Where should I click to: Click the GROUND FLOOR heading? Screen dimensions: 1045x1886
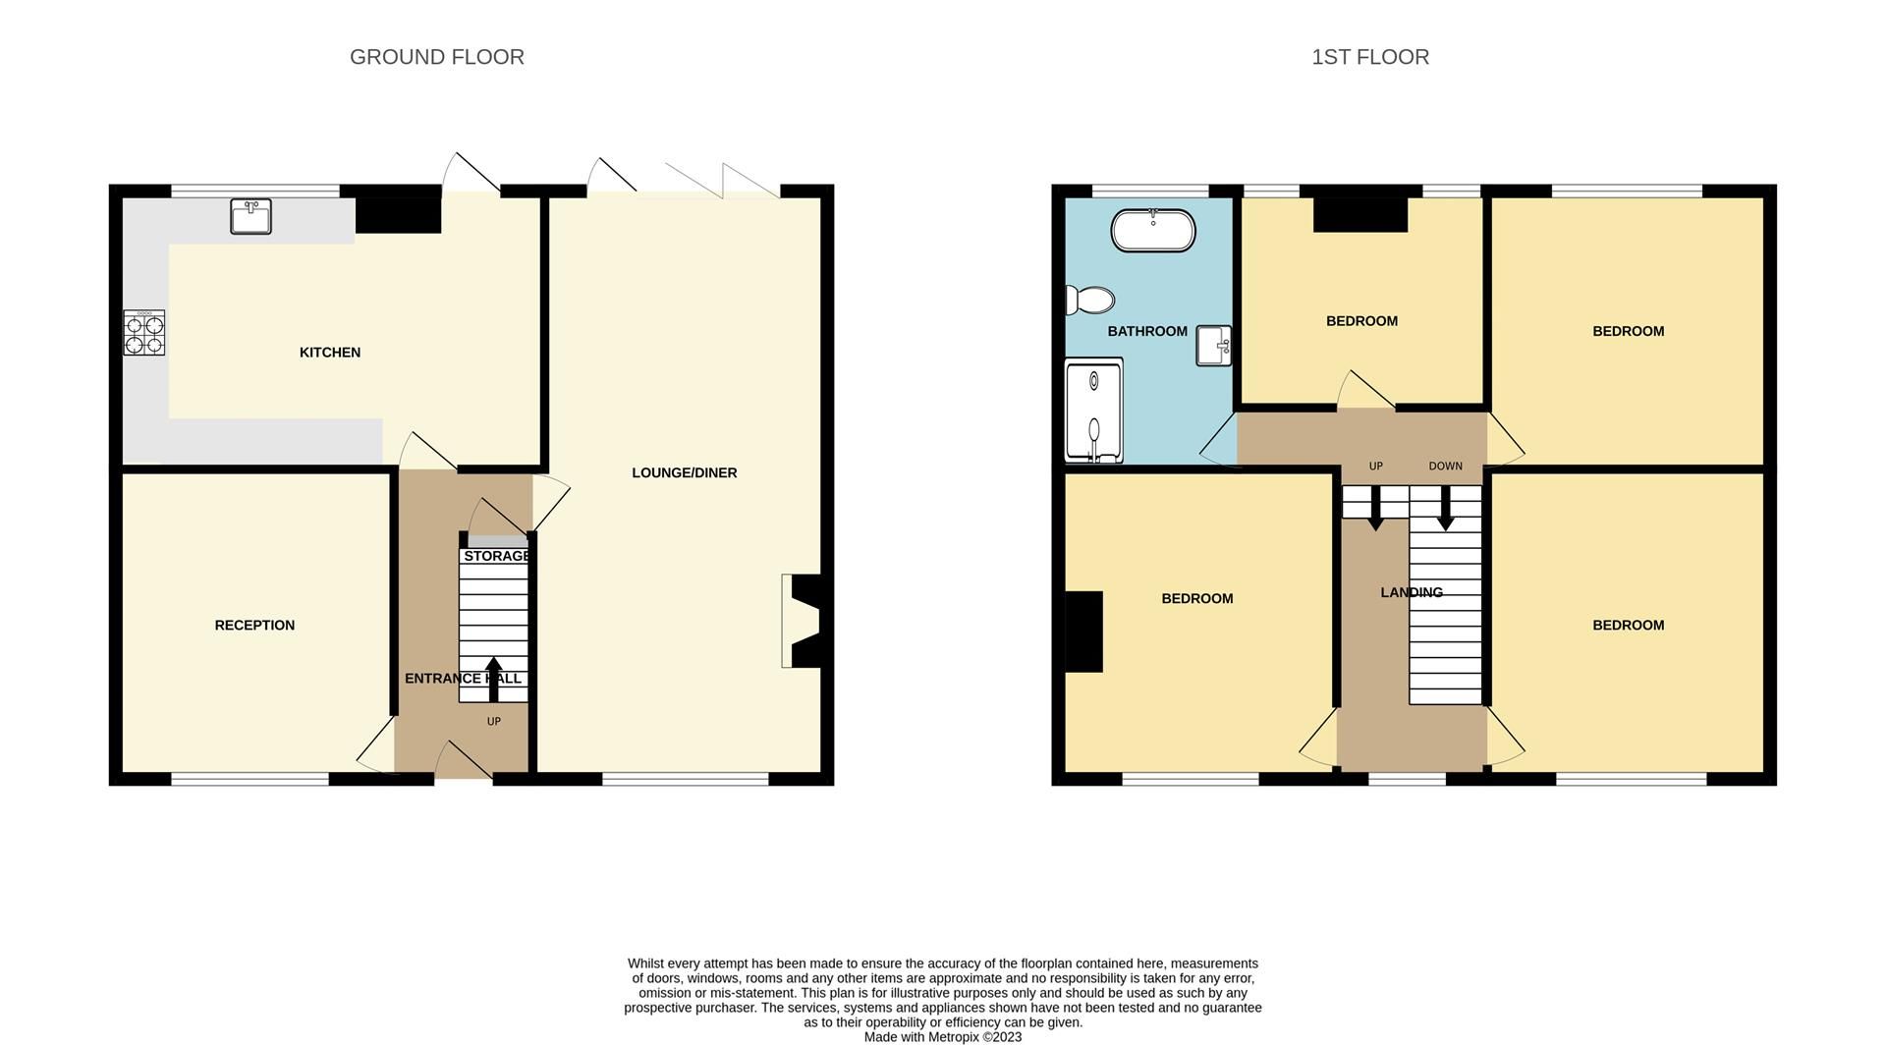(436, 57)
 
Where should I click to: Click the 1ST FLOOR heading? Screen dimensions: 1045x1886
(1369, 57)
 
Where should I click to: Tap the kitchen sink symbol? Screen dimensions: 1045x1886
(250, 216)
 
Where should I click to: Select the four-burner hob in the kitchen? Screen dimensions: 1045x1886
(143, 332)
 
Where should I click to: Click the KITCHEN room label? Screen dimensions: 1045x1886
(329, 353)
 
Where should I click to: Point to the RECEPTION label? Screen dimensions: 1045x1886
(254, 626)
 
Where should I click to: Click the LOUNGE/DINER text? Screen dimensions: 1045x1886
(684, 472)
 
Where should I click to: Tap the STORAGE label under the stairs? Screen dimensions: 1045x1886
(496, 556)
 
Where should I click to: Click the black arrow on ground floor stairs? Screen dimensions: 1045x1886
(493, 679)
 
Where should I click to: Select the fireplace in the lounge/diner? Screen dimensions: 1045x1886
(805, 621)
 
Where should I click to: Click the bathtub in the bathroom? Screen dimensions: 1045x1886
(1152, 231)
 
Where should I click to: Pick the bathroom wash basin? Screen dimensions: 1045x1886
(1213, 346)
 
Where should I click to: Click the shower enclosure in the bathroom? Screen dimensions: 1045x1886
(1093, 411)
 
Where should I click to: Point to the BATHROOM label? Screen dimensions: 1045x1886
(1146, 332)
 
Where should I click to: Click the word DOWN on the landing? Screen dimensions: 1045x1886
(1445, 467)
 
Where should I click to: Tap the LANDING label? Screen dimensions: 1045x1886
(1411, 592)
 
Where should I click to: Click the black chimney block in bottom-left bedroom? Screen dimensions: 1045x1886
(1083, 632)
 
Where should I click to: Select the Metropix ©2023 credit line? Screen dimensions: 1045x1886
(942, 1037)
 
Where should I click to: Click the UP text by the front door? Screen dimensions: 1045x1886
(493, 722)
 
